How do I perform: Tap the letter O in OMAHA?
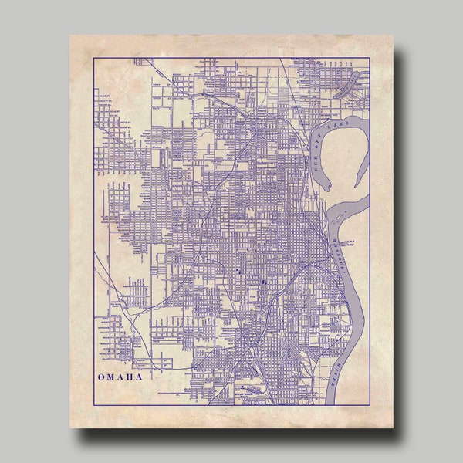tap(100, 377)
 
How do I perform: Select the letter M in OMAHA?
tap(110, 377)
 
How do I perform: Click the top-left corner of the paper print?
tap(69, 34)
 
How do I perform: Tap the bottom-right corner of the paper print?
tap(394, 428)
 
